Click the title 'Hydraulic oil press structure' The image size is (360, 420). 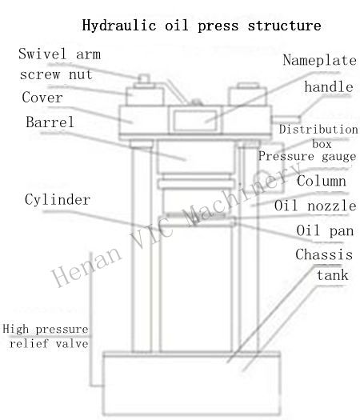click(202, 26)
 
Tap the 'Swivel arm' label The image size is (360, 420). click(59, 54)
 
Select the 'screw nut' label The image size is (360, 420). click(56, 74)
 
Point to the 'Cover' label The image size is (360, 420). click(42, 97)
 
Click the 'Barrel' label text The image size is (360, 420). click(50, 122)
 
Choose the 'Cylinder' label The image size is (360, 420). click(58, 199)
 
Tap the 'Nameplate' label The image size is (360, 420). click(319, 60)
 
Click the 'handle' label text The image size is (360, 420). click(329, 86)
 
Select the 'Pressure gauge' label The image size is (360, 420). click(307, 156)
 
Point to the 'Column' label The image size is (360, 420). click(321, 181)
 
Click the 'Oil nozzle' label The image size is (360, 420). click(315, 206)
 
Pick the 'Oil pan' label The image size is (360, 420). click(325, 230)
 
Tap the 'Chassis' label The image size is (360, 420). click(324, 254)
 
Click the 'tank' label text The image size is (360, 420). click(333, 275)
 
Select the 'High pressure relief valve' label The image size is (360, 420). click(46, 336)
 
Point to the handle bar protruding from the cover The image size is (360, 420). click(286, 118)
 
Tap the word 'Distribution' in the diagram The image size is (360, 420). click(318, 130)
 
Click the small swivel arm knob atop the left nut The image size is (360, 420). click(144, 79)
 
